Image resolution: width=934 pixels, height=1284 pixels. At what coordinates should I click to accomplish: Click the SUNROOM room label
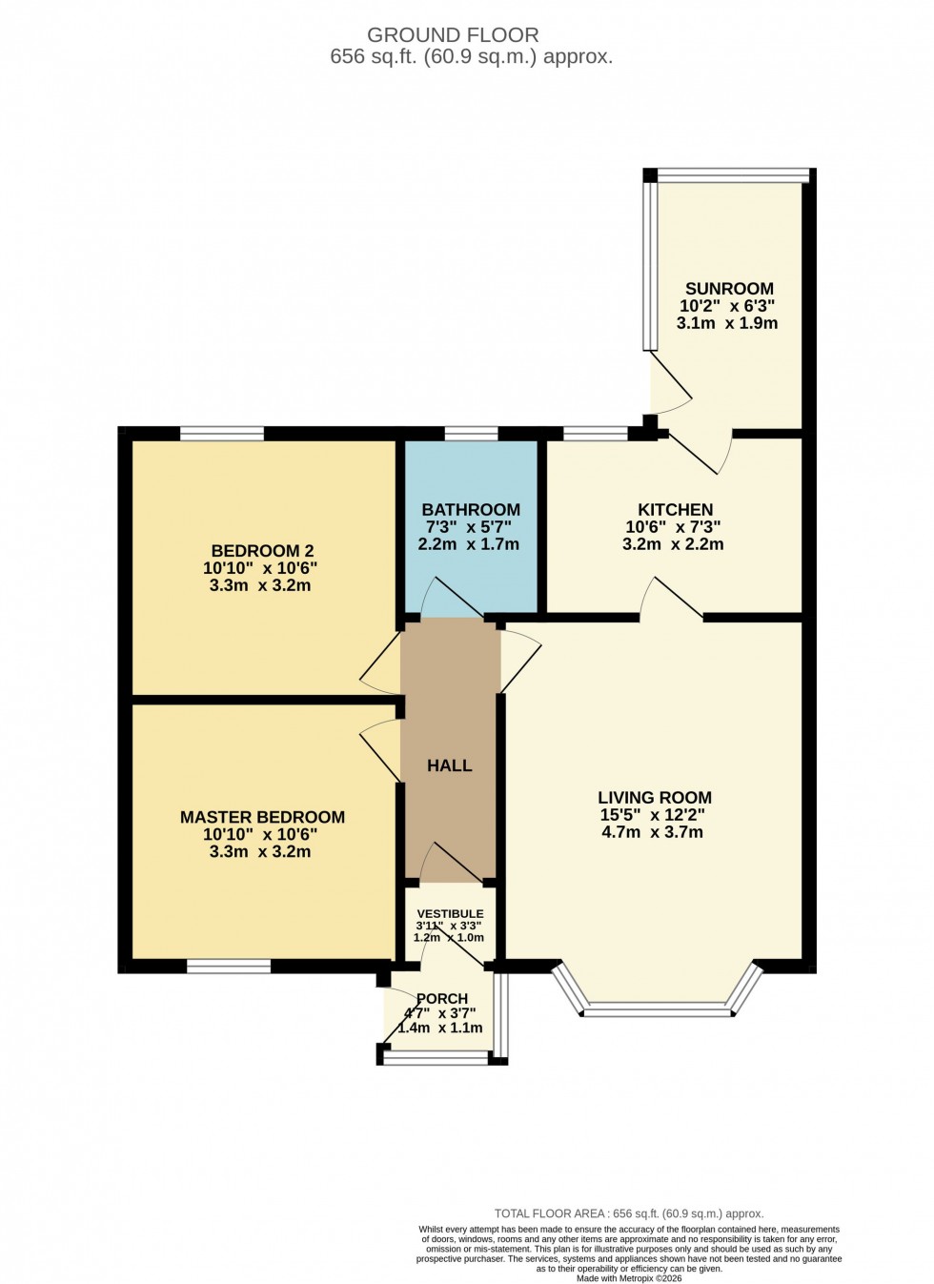tap(729, 289)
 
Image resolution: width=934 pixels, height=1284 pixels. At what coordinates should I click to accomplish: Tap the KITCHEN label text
tap(675, 510)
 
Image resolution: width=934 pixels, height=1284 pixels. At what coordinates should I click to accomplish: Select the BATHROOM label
tap(471, 510)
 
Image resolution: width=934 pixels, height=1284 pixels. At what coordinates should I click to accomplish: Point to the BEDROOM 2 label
tap(262, 551)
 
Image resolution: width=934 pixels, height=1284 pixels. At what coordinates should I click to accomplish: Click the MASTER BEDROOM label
tap(262, 817)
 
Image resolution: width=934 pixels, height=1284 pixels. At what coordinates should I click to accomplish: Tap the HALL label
tap(449, 765)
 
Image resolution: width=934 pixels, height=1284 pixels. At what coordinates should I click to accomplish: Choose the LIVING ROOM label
tap(655, 798)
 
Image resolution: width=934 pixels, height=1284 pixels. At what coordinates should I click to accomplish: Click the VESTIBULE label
tap(449, 913)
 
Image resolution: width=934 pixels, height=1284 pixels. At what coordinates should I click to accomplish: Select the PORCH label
tap(442, 999)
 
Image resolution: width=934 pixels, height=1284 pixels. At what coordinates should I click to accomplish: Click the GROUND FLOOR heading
tap(453, 35)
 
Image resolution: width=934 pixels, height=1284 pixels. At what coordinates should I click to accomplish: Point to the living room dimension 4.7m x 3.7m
tap(653, 832)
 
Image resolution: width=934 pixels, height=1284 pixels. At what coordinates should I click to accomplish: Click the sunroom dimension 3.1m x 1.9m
tap(727, 323)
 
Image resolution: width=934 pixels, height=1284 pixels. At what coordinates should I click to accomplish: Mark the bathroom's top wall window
tap(471, 435)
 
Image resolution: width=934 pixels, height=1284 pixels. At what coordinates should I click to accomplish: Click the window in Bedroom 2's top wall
tap(222, 435)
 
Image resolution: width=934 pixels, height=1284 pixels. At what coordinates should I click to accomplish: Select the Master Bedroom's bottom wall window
tap(229, 967)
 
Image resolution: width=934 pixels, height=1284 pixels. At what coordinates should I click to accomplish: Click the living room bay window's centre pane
tap(657, 1007)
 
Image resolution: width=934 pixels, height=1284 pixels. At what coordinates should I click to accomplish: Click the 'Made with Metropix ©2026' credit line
tap(630, 1278)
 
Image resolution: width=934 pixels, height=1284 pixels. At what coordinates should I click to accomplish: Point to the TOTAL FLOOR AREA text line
tap(629, 1213)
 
